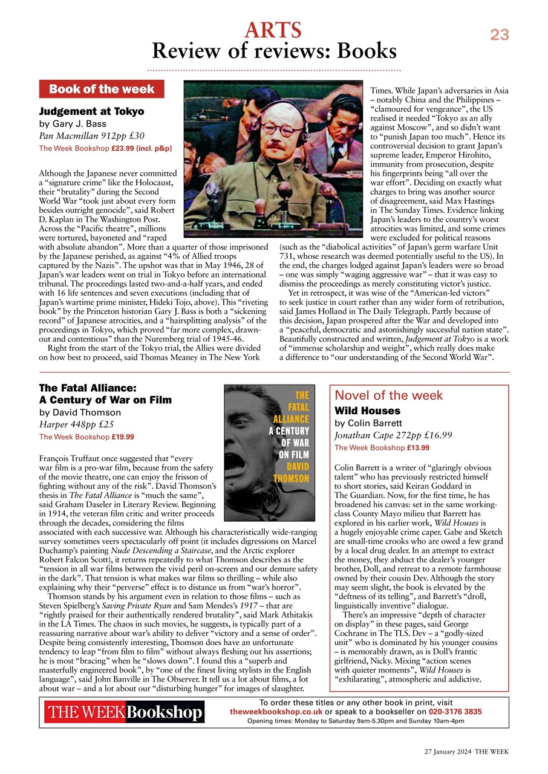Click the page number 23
499,35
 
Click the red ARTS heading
273,30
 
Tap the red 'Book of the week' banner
102,89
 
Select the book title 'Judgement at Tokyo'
91,111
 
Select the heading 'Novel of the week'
389,395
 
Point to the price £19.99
123,437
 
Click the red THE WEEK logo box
85,712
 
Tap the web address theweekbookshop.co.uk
276,712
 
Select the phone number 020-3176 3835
455,712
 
